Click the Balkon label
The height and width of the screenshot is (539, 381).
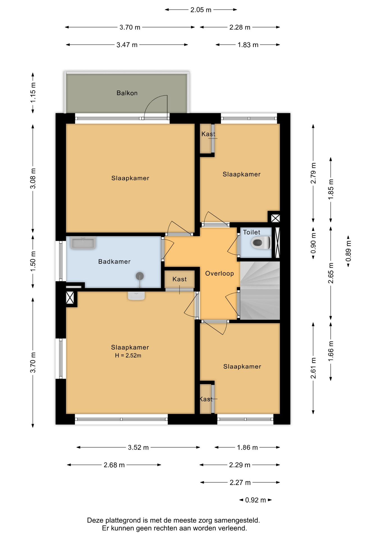[127, 93]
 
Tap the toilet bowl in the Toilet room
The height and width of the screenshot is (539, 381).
[261, 243]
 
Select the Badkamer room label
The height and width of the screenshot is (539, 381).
[114, 262]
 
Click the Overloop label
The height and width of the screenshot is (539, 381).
[219, 273]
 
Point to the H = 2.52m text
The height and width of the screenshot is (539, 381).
[128, 355]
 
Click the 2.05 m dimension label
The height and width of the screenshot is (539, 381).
[201, 10]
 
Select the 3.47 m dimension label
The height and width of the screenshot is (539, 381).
[127, 45]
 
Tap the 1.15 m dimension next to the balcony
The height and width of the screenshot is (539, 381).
[33, 92]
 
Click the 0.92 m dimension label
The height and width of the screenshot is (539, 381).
[255, 500]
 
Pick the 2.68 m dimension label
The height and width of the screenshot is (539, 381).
[114, 465]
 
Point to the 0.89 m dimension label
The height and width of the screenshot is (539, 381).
[348, 251]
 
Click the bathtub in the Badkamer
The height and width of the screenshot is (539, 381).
[83, 243]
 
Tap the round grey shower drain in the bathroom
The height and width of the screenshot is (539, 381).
[140, 276]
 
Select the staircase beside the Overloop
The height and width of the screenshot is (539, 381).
[260, 290]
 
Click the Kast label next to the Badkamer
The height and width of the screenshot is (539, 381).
[179, 279]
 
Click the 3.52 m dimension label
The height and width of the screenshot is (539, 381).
[138, 447]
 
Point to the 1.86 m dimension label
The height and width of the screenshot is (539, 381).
[247, 447]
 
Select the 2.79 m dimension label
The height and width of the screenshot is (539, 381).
[313, 173]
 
